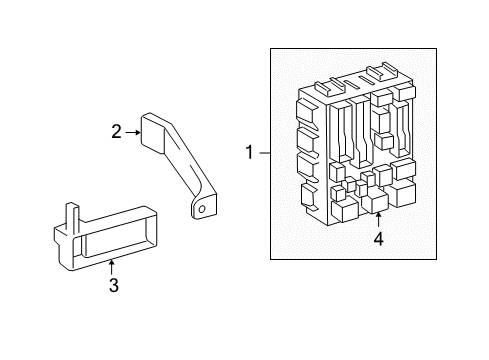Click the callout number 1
pyautogui.click(x=250, y=153)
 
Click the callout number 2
pyautogui.click(x=117, y=130)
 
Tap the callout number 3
pyautogui.click(x=113, y=286)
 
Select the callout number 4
pyautogui.click(x=378, y=239)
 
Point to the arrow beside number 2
pyautogui.click(x=132, y=130)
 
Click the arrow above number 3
pyautogui.click(x=113, y=265)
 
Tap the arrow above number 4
pyautogui.click(x=378, y=221)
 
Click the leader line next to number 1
pyautogui.click(x=264, y=153)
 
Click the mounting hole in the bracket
pyautogui.click(x=202, y=209)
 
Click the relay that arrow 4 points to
pyautogui.click(x=378, y=203)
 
